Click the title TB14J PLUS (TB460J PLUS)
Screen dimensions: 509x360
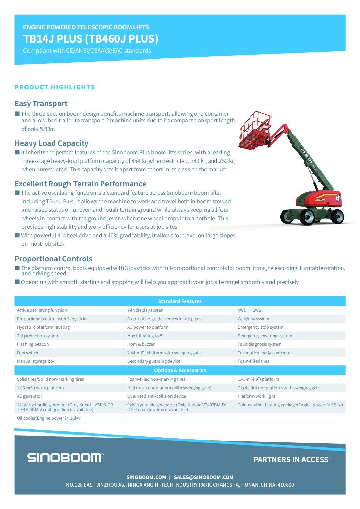coord(91,39)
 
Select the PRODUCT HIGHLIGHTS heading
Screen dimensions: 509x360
coord(55,87)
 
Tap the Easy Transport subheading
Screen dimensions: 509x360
coord(41,103)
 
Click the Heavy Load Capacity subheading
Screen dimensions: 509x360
coord(51,143)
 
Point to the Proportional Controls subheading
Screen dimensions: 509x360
coord(53,259)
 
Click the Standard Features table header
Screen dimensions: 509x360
coord(180,301)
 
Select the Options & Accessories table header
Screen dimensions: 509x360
coord(180,370)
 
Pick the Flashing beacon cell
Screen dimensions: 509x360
coord(33,344)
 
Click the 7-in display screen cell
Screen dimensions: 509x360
coord(145,310)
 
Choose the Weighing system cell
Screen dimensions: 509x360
coord(253,319)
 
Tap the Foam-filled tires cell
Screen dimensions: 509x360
coord(253,361)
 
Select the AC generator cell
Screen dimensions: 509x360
coord(30,396)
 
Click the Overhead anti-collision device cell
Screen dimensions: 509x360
coord(157,396)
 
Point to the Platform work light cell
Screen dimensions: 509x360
coord(256,396)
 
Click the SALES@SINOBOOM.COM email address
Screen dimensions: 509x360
coord(203,477)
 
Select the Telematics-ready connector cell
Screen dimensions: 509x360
coord(264,353)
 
